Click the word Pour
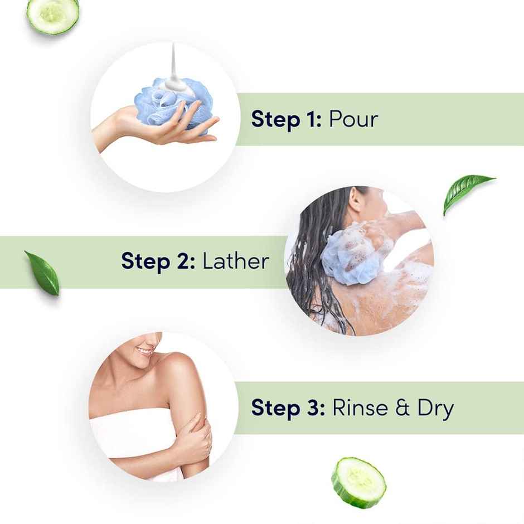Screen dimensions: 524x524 (x=353, y=119)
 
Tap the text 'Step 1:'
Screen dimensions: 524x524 (x=286, y=119)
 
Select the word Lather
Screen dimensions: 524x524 (x=235, y=261)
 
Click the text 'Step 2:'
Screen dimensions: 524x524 (x=158, y=261)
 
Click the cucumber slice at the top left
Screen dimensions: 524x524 (x=53, y=15)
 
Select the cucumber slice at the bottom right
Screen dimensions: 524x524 (x=358, y=482)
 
